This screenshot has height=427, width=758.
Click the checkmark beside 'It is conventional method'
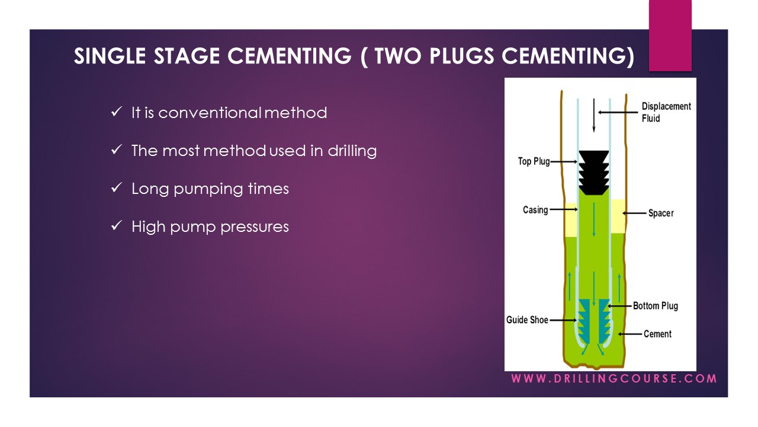coord(116,111)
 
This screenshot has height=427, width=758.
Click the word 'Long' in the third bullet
coord(150,189)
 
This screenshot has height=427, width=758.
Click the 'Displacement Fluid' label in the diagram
coord(666,112)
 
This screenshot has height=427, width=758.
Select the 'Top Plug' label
coord(534,161)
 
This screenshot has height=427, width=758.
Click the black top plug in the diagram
coord(594,172)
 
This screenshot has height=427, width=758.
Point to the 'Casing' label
coord(535,210)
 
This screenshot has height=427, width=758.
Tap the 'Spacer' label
coord(661,213)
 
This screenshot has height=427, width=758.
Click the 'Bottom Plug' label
coord(655,306)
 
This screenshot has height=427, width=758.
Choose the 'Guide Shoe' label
coord(527,320)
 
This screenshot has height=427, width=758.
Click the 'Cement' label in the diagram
coord(657,334)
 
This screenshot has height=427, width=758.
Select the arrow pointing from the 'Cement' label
coord(633,334)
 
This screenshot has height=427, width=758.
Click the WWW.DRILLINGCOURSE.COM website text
coord(614,378)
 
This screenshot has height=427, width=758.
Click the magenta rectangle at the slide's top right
coord(670,36)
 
